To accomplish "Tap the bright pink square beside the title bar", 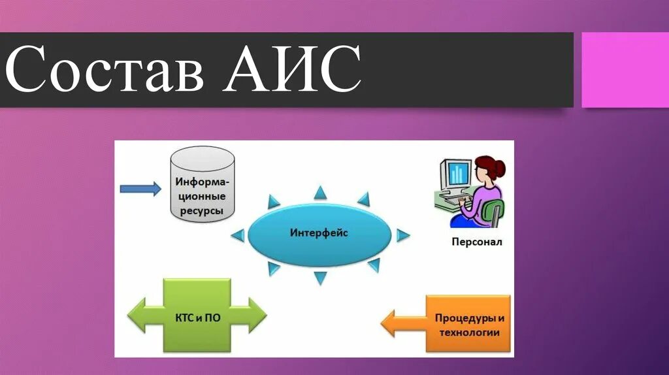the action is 625,69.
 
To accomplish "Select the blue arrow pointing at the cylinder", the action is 140,189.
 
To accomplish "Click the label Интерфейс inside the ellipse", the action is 319,233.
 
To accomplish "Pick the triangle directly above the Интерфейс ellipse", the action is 319,192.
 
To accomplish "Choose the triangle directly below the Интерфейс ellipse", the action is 320,278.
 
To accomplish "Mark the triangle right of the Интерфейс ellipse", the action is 402,235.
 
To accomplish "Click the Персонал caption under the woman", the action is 476,242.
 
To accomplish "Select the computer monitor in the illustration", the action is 455,173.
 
